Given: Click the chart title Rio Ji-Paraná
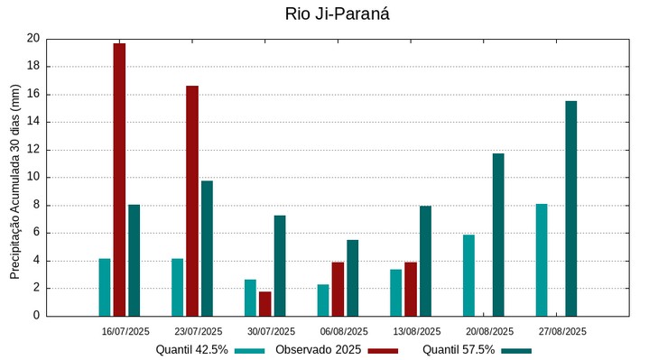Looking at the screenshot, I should (x=337, y=14).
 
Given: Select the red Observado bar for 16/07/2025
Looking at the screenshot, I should (x=119, y=180).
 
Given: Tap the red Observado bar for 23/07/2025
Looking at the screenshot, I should (x=192, y=200).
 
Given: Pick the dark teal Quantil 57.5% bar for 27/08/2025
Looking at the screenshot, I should (x=571, y=208).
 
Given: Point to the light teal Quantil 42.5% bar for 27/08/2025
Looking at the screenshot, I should (x=542, y=260).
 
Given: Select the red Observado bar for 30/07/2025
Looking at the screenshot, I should (x=265, y=304).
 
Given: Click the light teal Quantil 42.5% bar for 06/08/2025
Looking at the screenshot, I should (x=323, y=300).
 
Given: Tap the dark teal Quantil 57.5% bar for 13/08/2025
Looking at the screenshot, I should (x=425, y=261).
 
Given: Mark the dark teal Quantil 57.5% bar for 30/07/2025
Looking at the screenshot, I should (x=280, y=265).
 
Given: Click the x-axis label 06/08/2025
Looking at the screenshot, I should (x=344, y=331).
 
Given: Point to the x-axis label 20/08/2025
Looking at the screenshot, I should (x=490, y=331).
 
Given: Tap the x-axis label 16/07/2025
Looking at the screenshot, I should (x=125, y=331).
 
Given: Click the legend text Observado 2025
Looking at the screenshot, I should (x=319, y=349).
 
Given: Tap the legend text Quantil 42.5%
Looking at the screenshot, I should (x=191, y=349).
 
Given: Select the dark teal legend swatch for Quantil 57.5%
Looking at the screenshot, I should (x=516, y=350).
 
